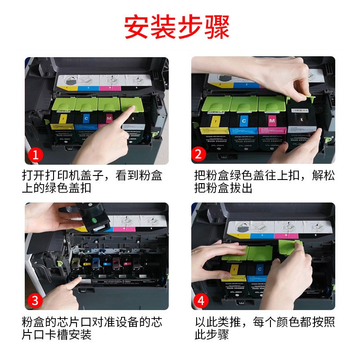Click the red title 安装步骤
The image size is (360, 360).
(177, 27)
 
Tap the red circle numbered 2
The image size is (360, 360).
(199, 155)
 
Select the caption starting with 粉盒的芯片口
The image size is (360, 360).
(92, 328)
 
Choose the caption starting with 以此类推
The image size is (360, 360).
(264, 328)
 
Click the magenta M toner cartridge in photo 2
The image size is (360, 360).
(271, 126)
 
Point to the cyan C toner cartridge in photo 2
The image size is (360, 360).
(243, 126)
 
